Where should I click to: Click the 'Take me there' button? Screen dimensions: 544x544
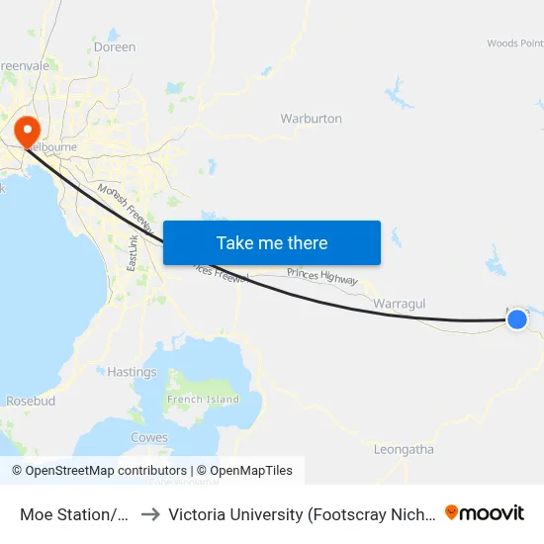click(272, 242)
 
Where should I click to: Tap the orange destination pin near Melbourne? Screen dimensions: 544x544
click(25, 130)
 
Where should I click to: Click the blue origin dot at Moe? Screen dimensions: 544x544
click(516, 318)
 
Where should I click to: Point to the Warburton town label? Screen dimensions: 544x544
click(311, 119)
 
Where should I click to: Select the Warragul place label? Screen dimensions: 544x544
click(400, 304)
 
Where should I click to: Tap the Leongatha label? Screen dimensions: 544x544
click(404, 449)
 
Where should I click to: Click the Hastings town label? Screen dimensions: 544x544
click(132, 373)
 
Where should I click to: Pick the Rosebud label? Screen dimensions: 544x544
click(31, 402)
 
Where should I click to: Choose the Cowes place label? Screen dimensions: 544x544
click(149, 437)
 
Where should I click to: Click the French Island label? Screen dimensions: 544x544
click(203, 400)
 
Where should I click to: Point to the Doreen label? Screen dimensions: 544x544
click(114, 47)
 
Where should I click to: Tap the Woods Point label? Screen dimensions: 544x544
click(514, 44)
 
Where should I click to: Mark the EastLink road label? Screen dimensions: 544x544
click(134, 254)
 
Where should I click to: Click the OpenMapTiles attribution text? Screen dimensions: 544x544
click(244, 471)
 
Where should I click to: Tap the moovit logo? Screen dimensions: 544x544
click(485, 512)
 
